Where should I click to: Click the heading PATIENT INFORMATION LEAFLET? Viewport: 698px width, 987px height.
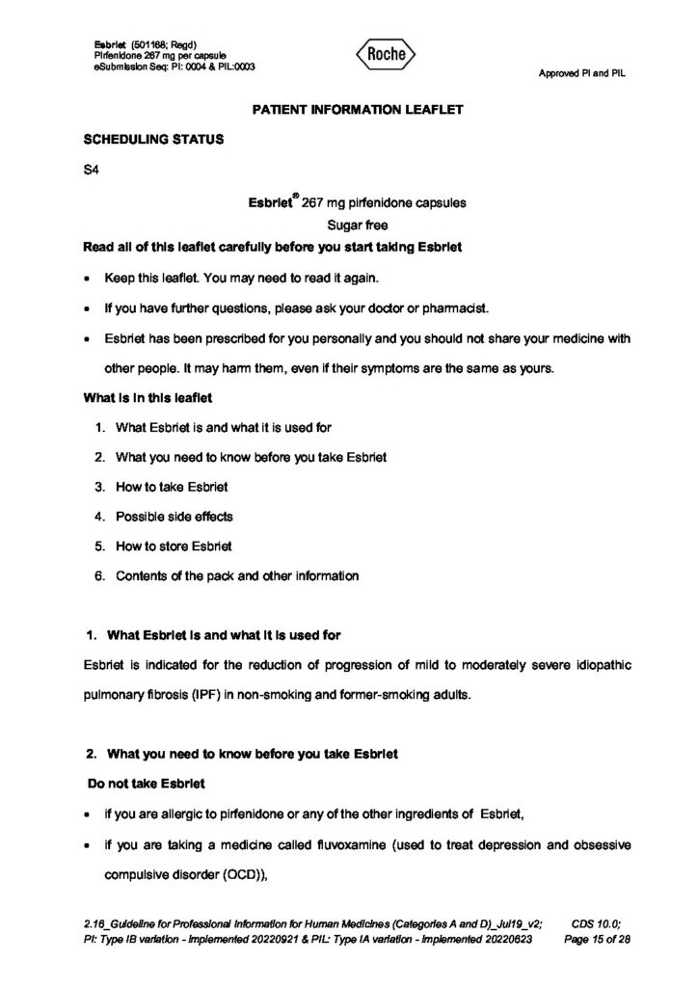click(x=358, y=110)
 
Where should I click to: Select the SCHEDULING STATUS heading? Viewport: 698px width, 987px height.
click(x=155, y=140)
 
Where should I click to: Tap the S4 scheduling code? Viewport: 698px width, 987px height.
click(x=93, y=171)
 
